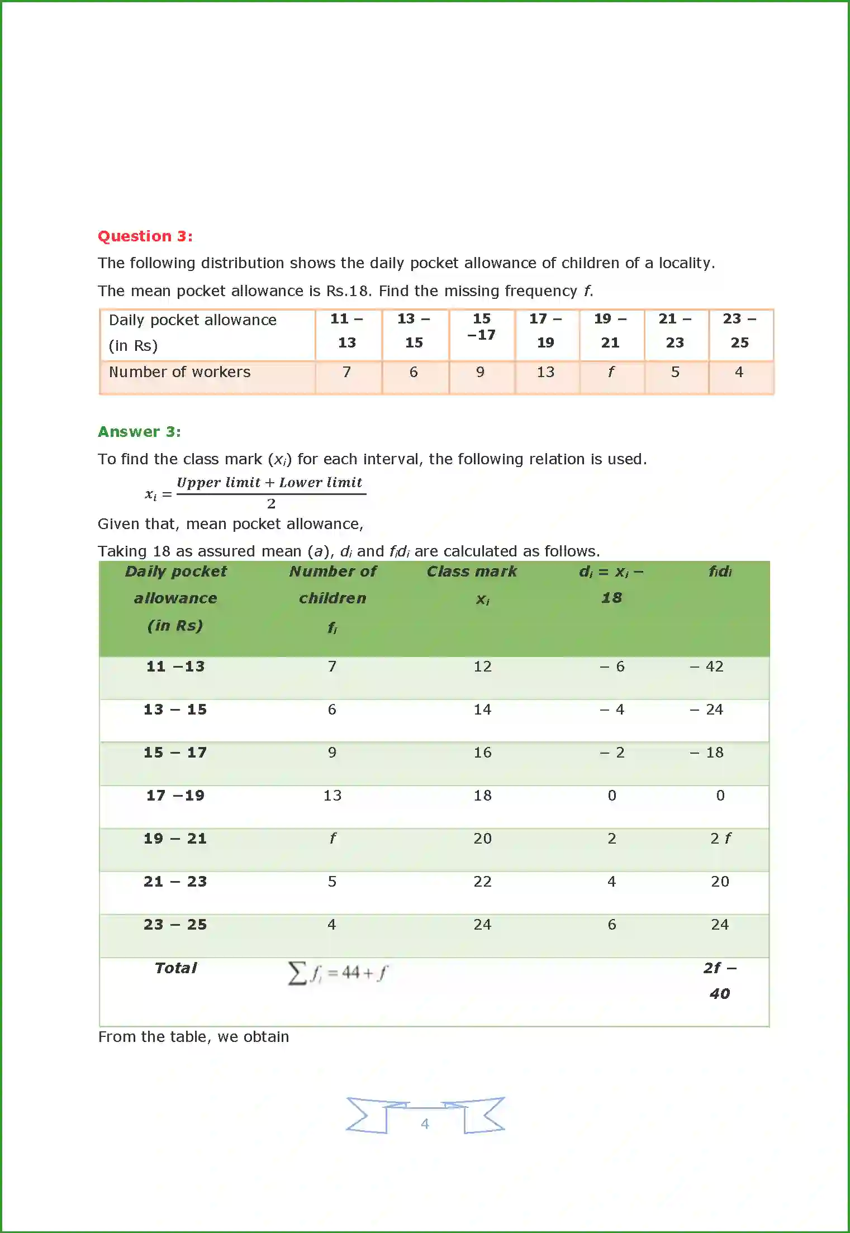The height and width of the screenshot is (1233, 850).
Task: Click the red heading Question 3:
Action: pos(145,236)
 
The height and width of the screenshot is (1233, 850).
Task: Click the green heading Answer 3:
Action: pos(139,432)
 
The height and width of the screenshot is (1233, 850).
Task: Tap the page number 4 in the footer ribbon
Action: pos(425,1123)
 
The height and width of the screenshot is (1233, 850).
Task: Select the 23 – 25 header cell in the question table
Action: pos(739,331)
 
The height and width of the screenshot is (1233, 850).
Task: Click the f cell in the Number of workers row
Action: pos(610,372)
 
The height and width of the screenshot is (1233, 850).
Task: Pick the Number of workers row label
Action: pos(179,372)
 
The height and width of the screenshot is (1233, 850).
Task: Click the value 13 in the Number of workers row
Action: pos(545,372)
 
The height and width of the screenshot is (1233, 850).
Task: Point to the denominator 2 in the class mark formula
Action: pos(271,504)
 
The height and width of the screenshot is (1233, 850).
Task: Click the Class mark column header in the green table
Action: pos(472,572)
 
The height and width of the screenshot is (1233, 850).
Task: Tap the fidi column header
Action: pos(720,572)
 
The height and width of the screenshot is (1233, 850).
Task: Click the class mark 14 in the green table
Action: pos(482,710)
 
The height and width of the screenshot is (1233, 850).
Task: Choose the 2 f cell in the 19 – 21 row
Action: pos(720,839)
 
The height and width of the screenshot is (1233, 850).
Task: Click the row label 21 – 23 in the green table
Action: pos(175,882)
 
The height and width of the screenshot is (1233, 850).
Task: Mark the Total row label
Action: pos(175,968)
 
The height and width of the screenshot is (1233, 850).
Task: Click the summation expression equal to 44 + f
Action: pos(338,973)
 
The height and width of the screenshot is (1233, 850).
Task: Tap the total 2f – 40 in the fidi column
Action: pos(720,980)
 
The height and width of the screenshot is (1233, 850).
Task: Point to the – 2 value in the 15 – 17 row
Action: pos(612,753)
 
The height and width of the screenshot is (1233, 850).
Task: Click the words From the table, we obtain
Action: pos(193,1037)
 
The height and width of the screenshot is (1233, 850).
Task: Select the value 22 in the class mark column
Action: pos(482,882)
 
